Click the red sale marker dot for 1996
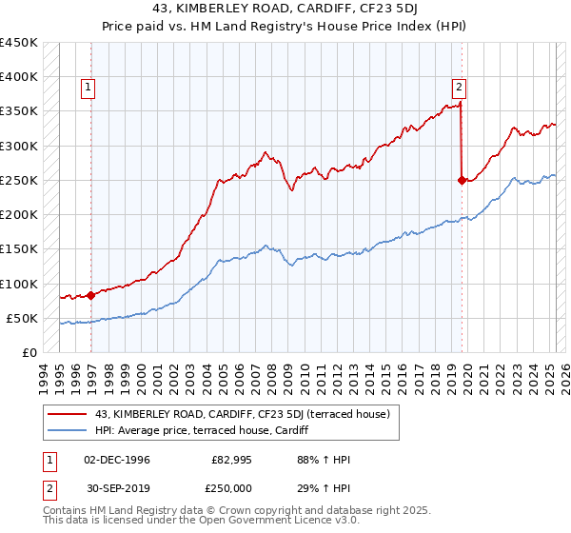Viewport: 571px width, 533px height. tap(91, 295)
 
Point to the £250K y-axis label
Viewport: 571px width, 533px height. tap(18, 180)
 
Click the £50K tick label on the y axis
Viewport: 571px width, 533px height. tap(22, 318)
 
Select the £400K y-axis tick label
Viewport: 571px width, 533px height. tap(18, 77)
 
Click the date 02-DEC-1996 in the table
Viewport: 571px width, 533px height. tap(117, 460)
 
